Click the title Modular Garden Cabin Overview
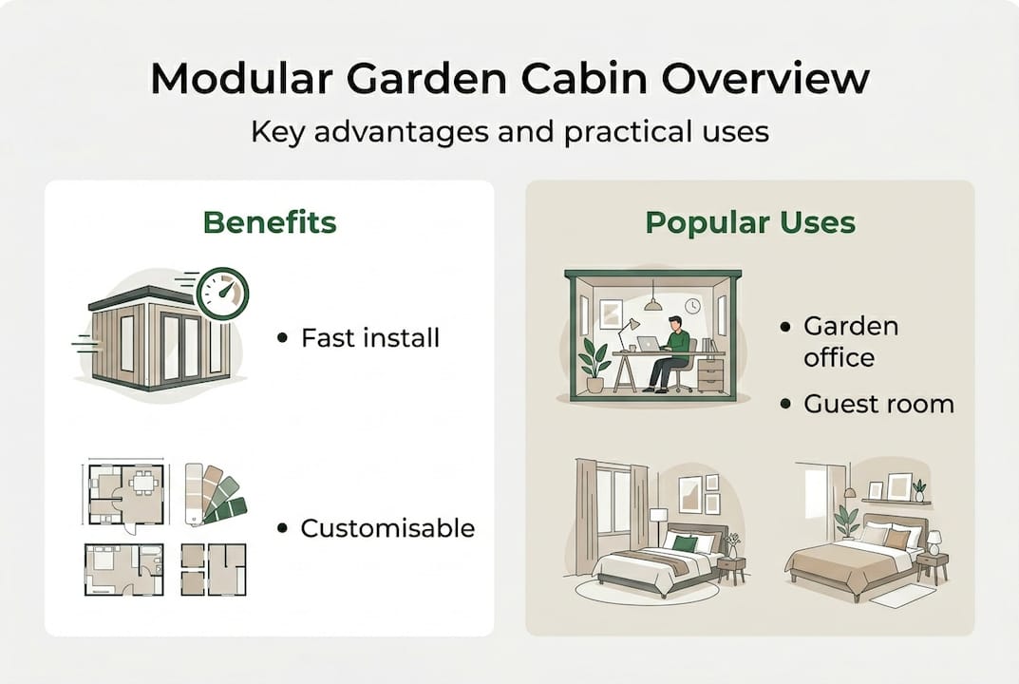pos(509,79)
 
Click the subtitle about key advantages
pos(509,130)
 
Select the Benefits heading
pos(270,222)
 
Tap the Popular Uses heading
pos(749,222)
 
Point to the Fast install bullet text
pos(369,337)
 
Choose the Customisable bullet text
pos(387,528)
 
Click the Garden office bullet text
pos(850,341)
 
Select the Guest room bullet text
pos(877,404)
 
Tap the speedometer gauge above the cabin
pos(223,292)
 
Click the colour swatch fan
pos(214,492)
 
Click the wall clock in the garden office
pos(692,307)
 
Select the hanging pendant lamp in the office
pos(652,303)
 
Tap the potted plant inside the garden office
pos(595,363)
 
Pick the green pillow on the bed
pos(685,543)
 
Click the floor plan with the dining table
pos(125,493)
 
